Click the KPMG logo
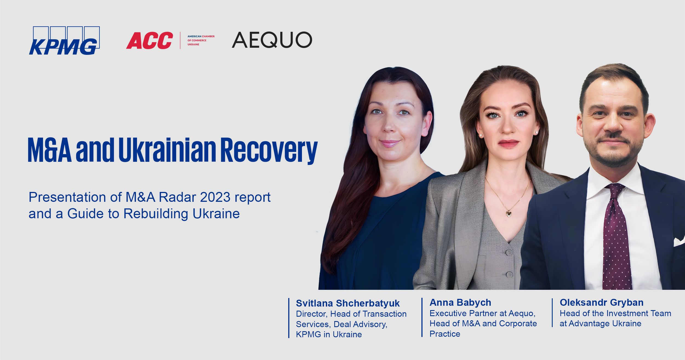64,41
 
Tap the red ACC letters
150,41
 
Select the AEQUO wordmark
272,40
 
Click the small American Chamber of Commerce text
201,40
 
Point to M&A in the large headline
50,150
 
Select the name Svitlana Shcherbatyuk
348,303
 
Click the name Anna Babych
460,302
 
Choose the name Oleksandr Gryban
601,302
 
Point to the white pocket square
679,241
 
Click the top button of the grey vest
509,252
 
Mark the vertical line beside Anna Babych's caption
422,317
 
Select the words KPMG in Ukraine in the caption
329,335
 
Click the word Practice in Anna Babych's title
445,334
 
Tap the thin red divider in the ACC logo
180,40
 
